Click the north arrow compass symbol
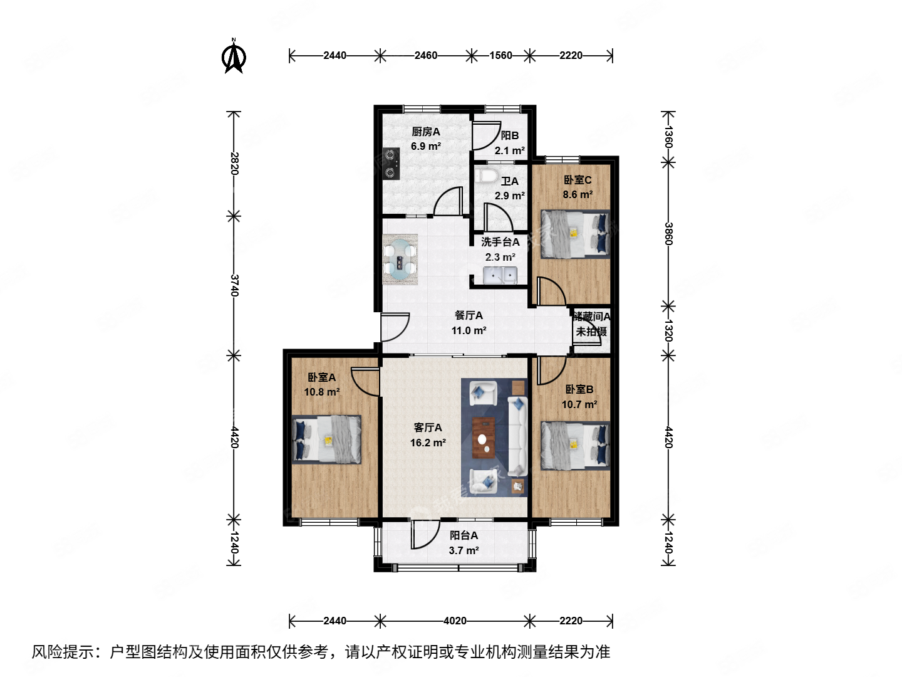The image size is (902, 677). pyautogui.click(x=234, y=57)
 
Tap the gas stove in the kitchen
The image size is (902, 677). pyautogui.click(x=391, y=164)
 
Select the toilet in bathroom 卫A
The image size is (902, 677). pyautogui.click(x=487, y=174)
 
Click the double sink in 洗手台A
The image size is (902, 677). pyautogui.click(x=499, y=275)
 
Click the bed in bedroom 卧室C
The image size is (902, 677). pyautogui.click(x=575, y=234)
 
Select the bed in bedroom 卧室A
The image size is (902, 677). pyautogui.click(x=327, y=439)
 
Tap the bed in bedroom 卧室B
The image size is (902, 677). pyautogui.click(x=575, y=446)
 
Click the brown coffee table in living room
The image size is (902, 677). pyautogui.click(x=483, y=438)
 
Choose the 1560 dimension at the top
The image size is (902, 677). pyautogui.click(x=500, y=55)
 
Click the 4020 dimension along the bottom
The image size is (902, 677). pyautogui.click(x=455, y=621)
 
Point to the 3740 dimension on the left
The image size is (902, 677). pyautogui.click(x=234, y=285)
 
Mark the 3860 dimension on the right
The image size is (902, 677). pyautogui.click(x=668, y=234)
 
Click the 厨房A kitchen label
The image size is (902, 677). pyautogui.click(x=426, y=132)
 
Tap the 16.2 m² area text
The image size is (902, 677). pyautogui.click(x=428, y=443)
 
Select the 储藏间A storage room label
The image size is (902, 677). pyautogui.click(x=591, y=317)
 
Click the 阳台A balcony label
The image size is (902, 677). pyautogui.click(x=464, y=535)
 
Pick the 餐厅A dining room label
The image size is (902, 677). pyautogui.click(x=469, y=315)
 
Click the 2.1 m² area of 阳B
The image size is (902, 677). pyautogui.click(x=509, y=150)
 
